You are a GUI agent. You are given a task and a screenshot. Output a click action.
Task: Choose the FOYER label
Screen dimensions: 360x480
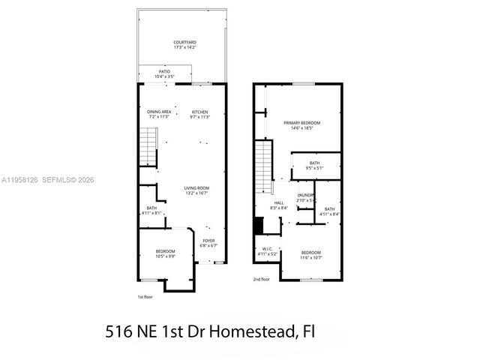pos(208,242)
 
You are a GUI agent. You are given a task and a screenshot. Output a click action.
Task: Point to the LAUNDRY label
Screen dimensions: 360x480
pos(305,197)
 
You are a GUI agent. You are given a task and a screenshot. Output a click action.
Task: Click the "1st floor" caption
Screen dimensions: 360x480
pos(145,297)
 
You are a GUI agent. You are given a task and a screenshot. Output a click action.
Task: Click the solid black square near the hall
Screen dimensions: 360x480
pos(259,224)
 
